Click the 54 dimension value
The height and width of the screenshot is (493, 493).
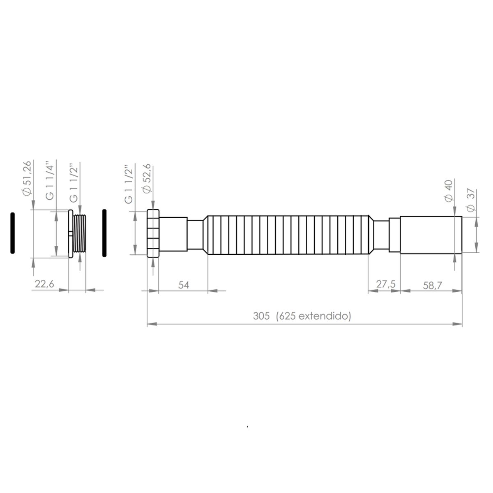184,285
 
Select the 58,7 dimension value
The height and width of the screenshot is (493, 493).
431,285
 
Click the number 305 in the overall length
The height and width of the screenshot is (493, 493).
261,316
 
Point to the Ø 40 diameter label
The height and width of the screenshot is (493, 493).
449,190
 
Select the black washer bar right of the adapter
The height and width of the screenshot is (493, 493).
104,233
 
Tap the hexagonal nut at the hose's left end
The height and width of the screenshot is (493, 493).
153,233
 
